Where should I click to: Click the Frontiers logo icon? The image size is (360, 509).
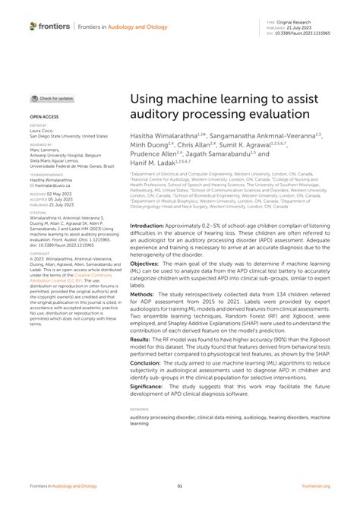[33, 26]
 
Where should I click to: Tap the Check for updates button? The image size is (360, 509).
[52, 99]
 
